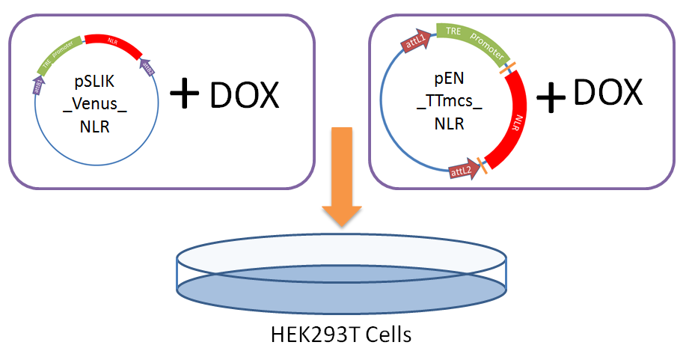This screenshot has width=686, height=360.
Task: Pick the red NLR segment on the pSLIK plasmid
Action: coord(112,45)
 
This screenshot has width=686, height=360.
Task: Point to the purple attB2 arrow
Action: coord(148,68)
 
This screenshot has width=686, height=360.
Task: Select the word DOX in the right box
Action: coord(608,91)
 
